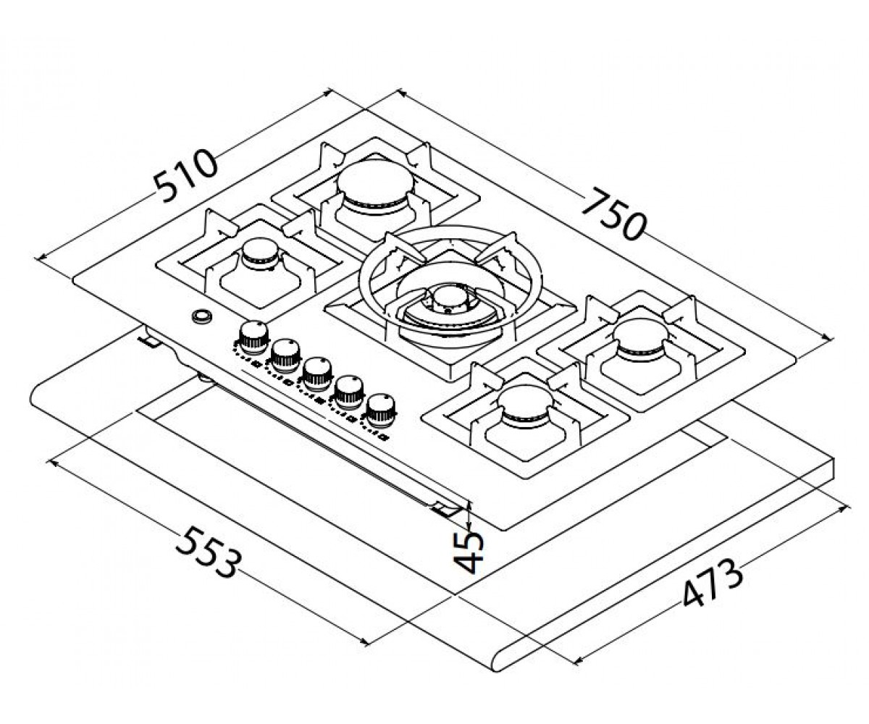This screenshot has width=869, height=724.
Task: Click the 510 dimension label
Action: tap(185, 177)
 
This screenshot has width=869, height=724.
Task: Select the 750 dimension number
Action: tap(614, 214)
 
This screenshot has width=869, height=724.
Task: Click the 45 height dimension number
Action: tap(468, 552)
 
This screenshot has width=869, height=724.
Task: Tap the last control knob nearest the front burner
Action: tap(381, 410)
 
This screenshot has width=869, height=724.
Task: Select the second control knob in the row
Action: tap(285, 355)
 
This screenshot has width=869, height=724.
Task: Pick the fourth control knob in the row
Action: tap(349, 391)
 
